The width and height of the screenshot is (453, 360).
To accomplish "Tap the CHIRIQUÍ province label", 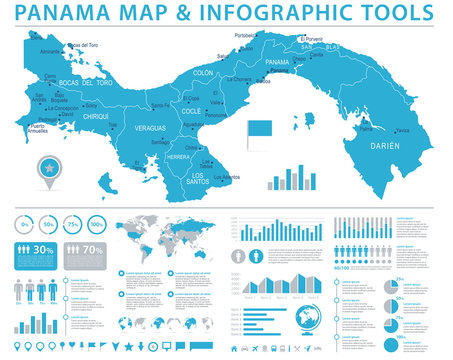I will tap(94, 116).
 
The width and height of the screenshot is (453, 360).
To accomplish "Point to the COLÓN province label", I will tap(203, 73).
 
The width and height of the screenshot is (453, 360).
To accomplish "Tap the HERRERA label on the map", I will tap(178, 157).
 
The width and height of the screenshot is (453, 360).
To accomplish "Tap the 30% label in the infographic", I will tap(41, 250).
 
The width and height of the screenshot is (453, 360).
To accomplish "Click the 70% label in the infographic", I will tap(93, 250).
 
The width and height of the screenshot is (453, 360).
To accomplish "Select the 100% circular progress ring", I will tap(98, 224).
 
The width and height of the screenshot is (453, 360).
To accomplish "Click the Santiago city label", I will tap(160, 142).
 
